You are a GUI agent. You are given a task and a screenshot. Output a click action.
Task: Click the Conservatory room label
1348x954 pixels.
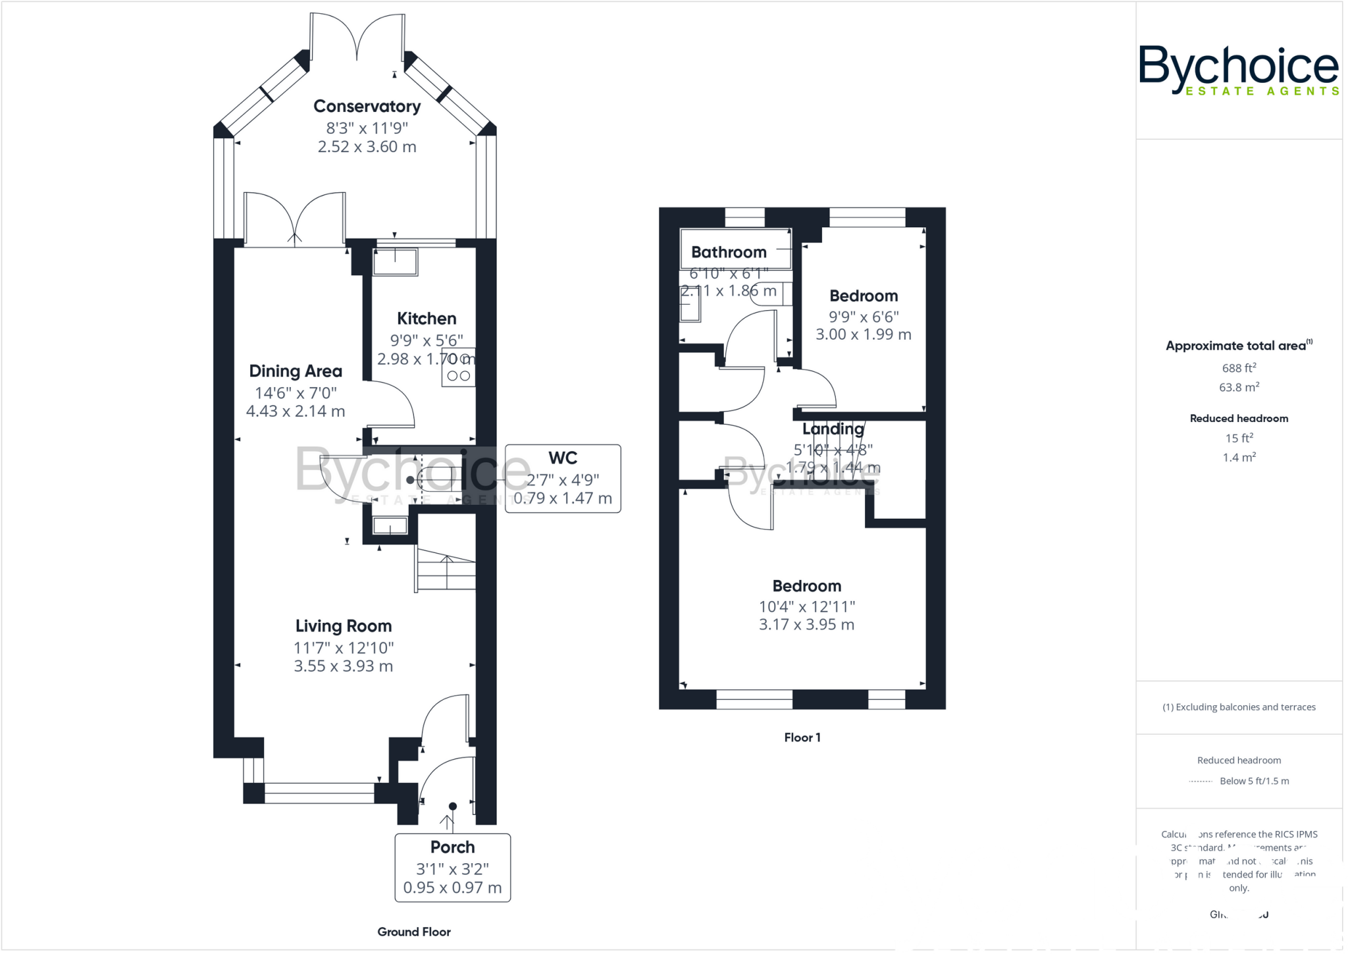click(367, 106)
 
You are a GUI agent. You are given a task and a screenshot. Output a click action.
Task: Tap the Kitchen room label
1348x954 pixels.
click(427, 319)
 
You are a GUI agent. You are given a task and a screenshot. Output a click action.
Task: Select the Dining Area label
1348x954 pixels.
click(296, 371)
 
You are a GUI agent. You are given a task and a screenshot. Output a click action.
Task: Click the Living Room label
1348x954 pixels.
click(343, 626)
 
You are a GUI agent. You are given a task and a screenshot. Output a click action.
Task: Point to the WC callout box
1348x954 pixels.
click(563, 478)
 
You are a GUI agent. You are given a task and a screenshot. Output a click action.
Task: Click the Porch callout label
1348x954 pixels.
click(452, 847)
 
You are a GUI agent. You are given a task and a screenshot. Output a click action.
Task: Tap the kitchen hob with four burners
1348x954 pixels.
click(459, 367)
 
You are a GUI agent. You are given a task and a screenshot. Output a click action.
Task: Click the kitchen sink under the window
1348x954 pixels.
click(395, 262)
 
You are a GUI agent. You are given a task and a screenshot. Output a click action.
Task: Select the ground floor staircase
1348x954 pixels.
click(446, 569)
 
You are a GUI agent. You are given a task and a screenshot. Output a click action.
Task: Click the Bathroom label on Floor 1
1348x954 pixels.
click(729, 252)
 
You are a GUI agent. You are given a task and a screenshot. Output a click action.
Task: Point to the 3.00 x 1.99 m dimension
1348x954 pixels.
click(864, 334)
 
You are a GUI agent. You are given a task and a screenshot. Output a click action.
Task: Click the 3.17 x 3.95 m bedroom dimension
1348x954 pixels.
click(806, 625)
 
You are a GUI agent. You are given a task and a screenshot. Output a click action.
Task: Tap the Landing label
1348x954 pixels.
click(833, 429)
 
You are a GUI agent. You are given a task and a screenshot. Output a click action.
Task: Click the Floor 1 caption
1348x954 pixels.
click(802, 737)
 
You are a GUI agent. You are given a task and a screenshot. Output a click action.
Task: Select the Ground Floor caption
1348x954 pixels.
click(414, 932)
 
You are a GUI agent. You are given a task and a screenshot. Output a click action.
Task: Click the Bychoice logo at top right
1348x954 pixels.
click(1238, 70)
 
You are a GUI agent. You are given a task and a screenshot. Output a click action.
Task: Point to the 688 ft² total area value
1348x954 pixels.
click(1239, 368)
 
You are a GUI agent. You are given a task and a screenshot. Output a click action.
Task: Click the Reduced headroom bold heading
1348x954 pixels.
click(1239, 419)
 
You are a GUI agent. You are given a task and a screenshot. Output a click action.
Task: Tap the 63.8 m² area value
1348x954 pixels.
click(1239, 387)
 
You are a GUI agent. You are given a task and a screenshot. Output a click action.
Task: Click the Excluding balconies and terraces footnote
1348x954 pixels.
click(1239, 707)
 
